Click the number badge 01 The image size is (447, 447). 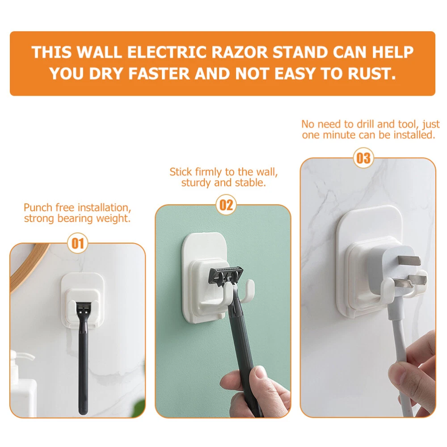tap(77, 244)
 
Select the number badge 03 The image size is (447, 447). tap(363, 158)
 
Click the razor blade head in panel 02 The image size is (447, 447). tap(226, 276)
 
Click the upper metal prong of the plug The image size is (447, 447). tap(409, 260)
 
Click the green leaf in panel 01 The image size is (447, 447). tap(139, 408)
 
